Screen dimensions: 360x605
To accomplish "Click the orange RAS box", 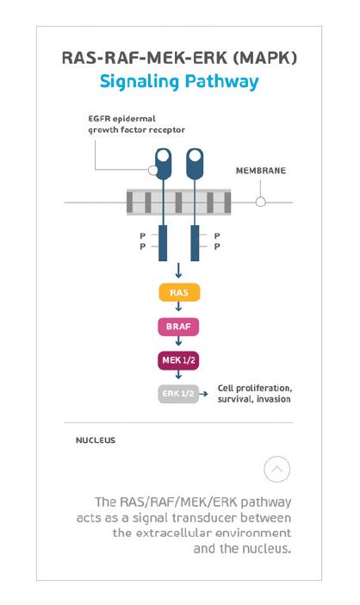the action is pos(179,292).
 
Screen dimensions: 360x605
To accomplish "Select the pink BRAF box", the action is pos(178,327).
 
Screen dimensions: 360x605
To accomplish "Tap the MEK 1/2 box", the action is pos(178,360).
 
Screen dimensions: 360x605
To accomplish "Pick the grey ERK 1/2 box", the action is pos(178,394).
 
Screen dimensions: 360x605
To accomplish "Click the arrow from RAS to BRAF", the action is pos(178,307).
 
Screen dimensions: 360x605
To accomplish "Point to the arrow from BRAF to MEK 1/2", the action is pos(178,340).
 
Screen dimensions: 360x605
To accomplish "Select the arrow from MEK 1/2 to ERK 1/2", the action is pos(178,374).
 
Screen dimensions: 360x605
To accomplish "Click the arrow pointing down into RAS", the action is pos(178,271).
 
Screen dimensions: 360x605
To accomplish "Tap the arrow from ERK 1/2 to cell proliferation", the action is pos(203,394).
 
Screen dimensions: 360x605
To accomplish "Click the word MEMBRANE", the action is pos(261,171).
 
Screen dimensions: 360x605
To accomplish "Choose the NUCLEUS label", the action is pos(96,440).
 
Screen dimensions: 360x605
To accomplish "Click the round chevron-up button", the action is pos(276,469).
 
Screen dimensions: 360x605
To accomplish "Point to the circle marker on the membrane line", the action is pos(261,202).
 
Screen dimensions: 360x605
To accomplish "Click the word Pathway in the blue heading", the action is pos(221,82).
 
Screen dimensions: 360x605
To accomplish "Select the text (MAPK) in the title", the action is pos(265,58).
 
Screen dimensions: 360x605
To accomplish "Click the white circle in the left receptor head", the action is pos(164,156).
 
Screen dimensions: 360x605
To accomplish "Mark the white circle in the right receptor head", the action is pos(196,156).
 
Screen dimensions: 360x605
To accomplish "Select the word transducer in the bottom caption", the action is pos(204,518).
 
